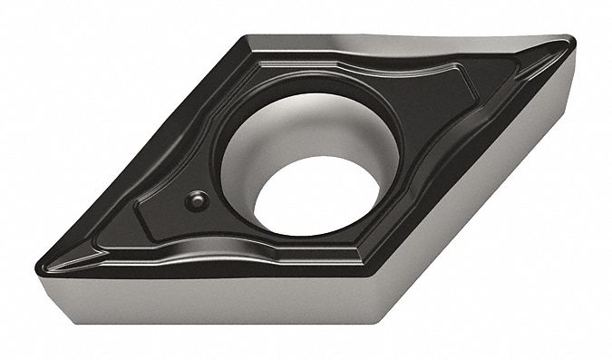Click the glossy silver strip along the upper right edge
tap(435, 40)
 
